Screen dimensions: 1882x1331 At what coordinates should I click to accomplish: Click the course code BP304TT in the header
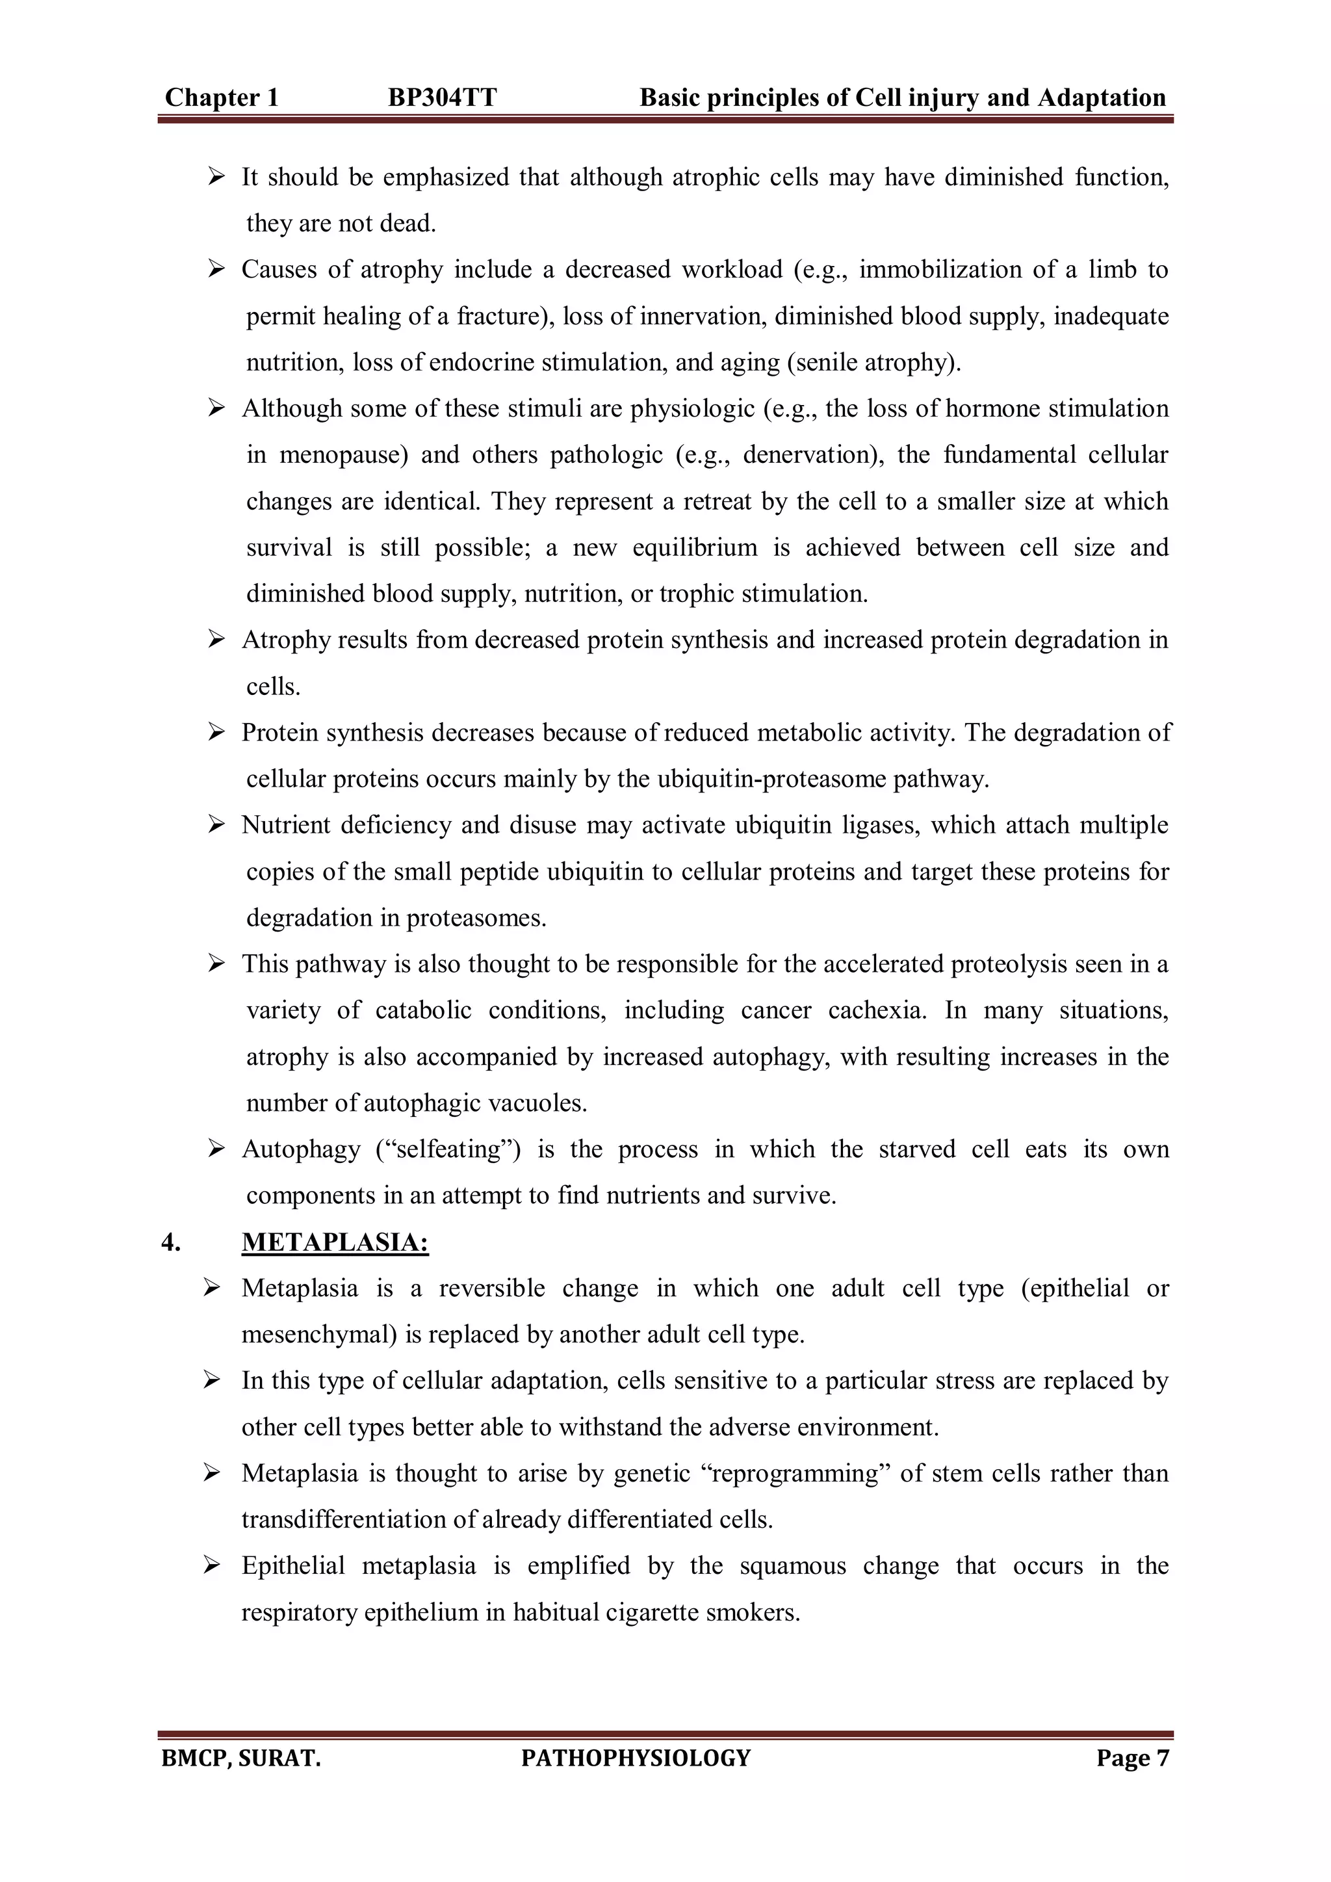[442, 98]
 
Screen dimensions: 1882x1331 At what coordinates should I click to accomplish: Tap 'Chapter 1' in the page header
[221, 98]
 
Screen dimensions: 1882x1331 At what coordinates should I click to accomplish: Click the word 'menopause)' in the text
[342, 455]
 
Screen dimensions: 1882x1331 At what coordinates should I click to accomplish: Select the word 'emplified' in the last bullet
[578, 1565]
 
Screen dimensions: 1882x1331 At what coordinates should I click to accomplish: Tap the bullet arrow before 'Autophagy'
[216, 1149]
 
